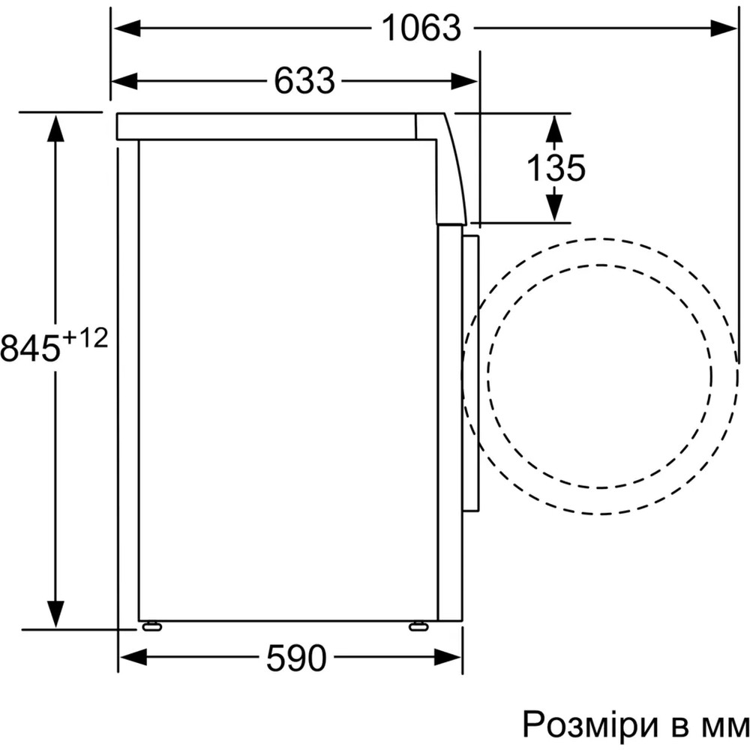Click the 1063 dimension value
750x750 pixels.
(x=422, y=28)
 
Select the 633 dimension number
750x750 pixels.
(x=304, y=81)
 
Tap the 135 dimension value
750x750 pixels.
(x=556, y=167)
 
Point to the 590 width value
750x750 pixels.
(x=296, y=658)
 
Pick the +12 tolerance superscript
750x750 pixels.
(x=85, y=339)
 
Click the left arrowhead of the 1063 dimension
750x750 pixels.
(x=127, y=28)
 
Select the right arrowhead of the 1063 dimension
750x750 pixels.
(x=724, y=28)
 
